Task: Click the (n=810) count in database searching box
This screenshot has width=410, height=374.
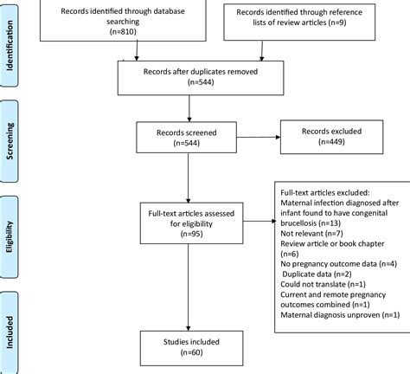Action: coord(123,32)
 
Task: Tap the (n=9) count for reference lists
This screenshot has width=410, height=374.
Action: coord(337,23)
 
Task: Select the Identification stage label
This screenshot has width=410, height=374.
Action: coord(10,45)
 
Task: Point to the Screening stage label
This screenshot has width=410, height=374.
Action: coord(10,141)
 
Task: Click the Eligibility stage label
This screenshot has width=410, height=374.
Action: coord(10,236)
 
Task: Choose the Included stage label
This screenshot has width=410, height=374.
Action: coord(10,332)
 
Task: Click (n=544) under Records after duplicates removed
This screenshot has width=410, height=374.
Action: coord(201,82)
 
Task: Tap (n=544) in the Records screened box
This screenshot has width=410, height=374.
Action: coord(187,143)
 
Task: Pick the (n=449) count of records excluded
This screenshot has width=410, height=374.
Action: coord(331,142)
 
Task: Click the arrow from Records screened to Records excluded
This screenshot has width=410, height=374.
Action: coord(259,137)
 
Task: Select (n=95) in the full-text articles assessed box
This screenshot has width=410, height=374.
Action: coord(191,234)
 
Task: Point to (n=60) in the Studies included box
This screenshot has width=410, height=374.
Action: coord(191,352)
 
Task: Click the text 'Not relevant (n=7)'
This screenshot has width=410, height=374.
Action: coord(311,233)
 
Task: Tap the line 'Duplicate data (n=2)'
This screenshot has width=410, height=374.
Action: coord(317,274)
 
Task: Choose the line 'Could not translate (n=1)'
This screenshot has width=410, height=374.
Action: coord(323,284)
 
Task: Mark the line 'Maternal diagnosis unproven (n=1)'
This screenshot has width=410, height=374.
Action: coord(340,315)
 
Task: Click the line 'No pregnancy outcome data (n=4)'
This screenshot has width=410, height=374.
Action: coord(339,264)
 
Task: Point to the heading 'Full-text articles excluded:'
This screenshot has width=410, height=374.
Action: coord(325,192)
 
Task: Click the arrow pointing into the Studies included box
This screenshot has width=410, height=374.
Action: coord(189,287)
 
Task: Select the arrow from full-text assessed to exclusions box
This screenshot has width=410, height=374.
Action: coord(259,222)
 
